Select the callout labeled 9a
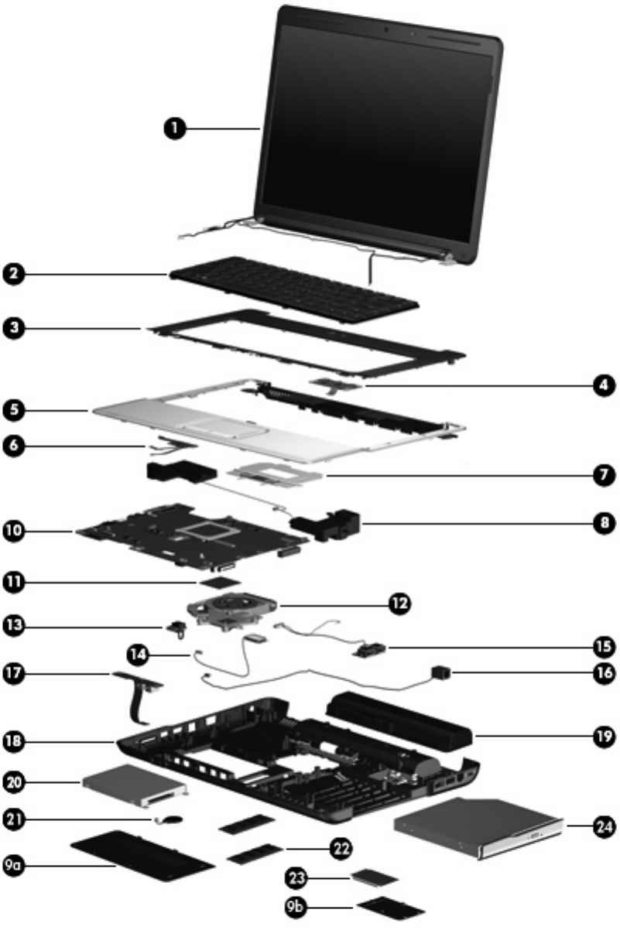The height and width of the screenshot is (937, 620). (x=15, y=867)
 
